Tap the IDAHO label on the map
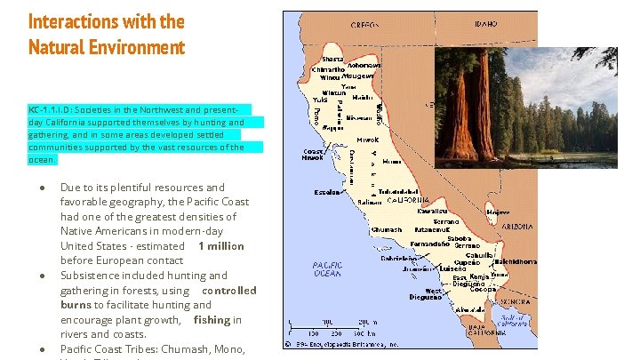pyautogui.click(x=485, y=25)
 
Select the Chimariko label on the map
pyautogui.click(x=328, y=69)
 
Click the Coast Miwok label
pyautogui.click(x=313, y=155)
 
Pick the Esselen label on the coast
pyautogui.click(x=327, y=192)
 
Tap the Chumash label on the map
pyautogui.click(x=387, y=230)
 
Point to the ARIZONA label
pyautogui.click(x=516, y=228)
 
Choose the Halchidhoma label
pyautogui.click(x=516, y=262)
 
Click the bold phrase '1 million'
pyautogui.click(x=220, y=245)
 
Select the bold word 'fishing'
pyautogui.click(x=212, y=319)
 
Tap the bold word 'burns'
pyautogui.click(x=77, y=304)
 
